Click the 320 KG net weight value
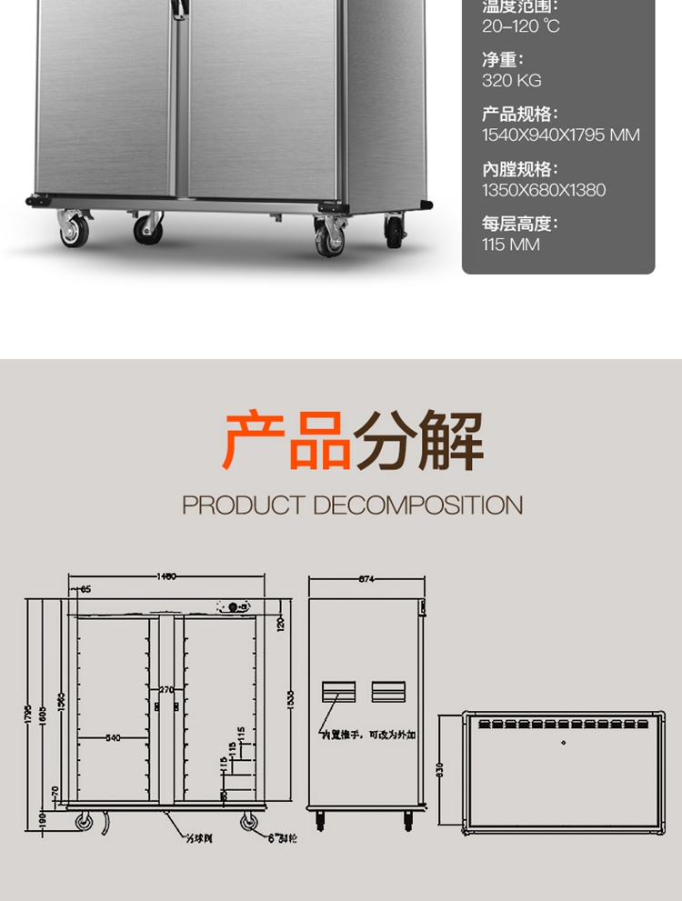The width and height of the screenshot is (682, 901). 511,81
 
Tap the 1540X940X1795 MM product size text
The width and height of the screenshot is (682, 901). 560,135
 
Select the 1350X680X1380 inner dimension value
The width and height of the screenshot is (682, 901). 543,190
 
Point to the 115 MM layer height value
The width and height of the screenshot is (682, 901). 510,245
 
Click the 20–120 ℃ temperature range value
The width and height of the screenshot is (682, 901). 520,26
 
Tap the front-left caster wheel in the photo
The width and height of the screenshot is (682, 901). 75,230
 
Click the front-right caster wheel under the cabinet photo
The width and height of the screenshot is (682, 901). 329,236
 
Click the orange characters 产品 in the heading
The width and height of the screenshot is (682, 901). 286,441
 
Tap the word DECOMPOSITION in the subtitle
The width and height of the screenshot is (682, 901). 418,506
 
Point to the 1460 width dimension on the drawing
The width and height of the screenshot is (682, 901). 165,576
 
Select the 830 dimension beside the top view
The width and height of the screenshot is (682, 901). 440,771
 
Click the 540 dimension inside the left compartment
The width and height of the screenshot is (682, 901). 113,737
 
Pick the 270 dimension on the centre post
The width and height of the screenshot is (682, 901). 165,690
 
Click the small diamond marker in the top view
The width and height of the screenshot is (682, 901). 562,744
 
